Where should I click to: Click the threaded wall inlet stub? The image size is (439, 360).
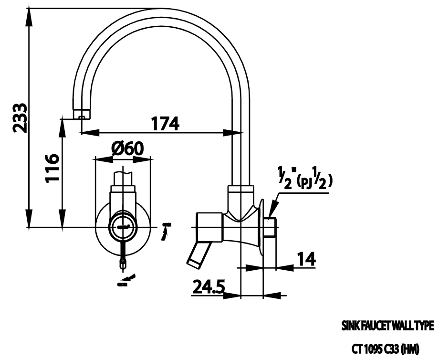click(x=270, y=227)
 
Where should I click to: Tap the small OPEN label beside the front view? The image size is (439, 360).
click(x=167, y=224)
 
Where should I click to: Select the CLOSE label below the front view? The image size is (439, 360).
click(x=122, y=285)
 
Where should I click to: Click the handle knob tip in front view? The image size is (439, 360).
click(x=123, y=262)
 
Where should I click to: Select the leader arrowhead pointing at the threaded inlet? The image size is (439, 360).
click(x=272, y=211)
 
